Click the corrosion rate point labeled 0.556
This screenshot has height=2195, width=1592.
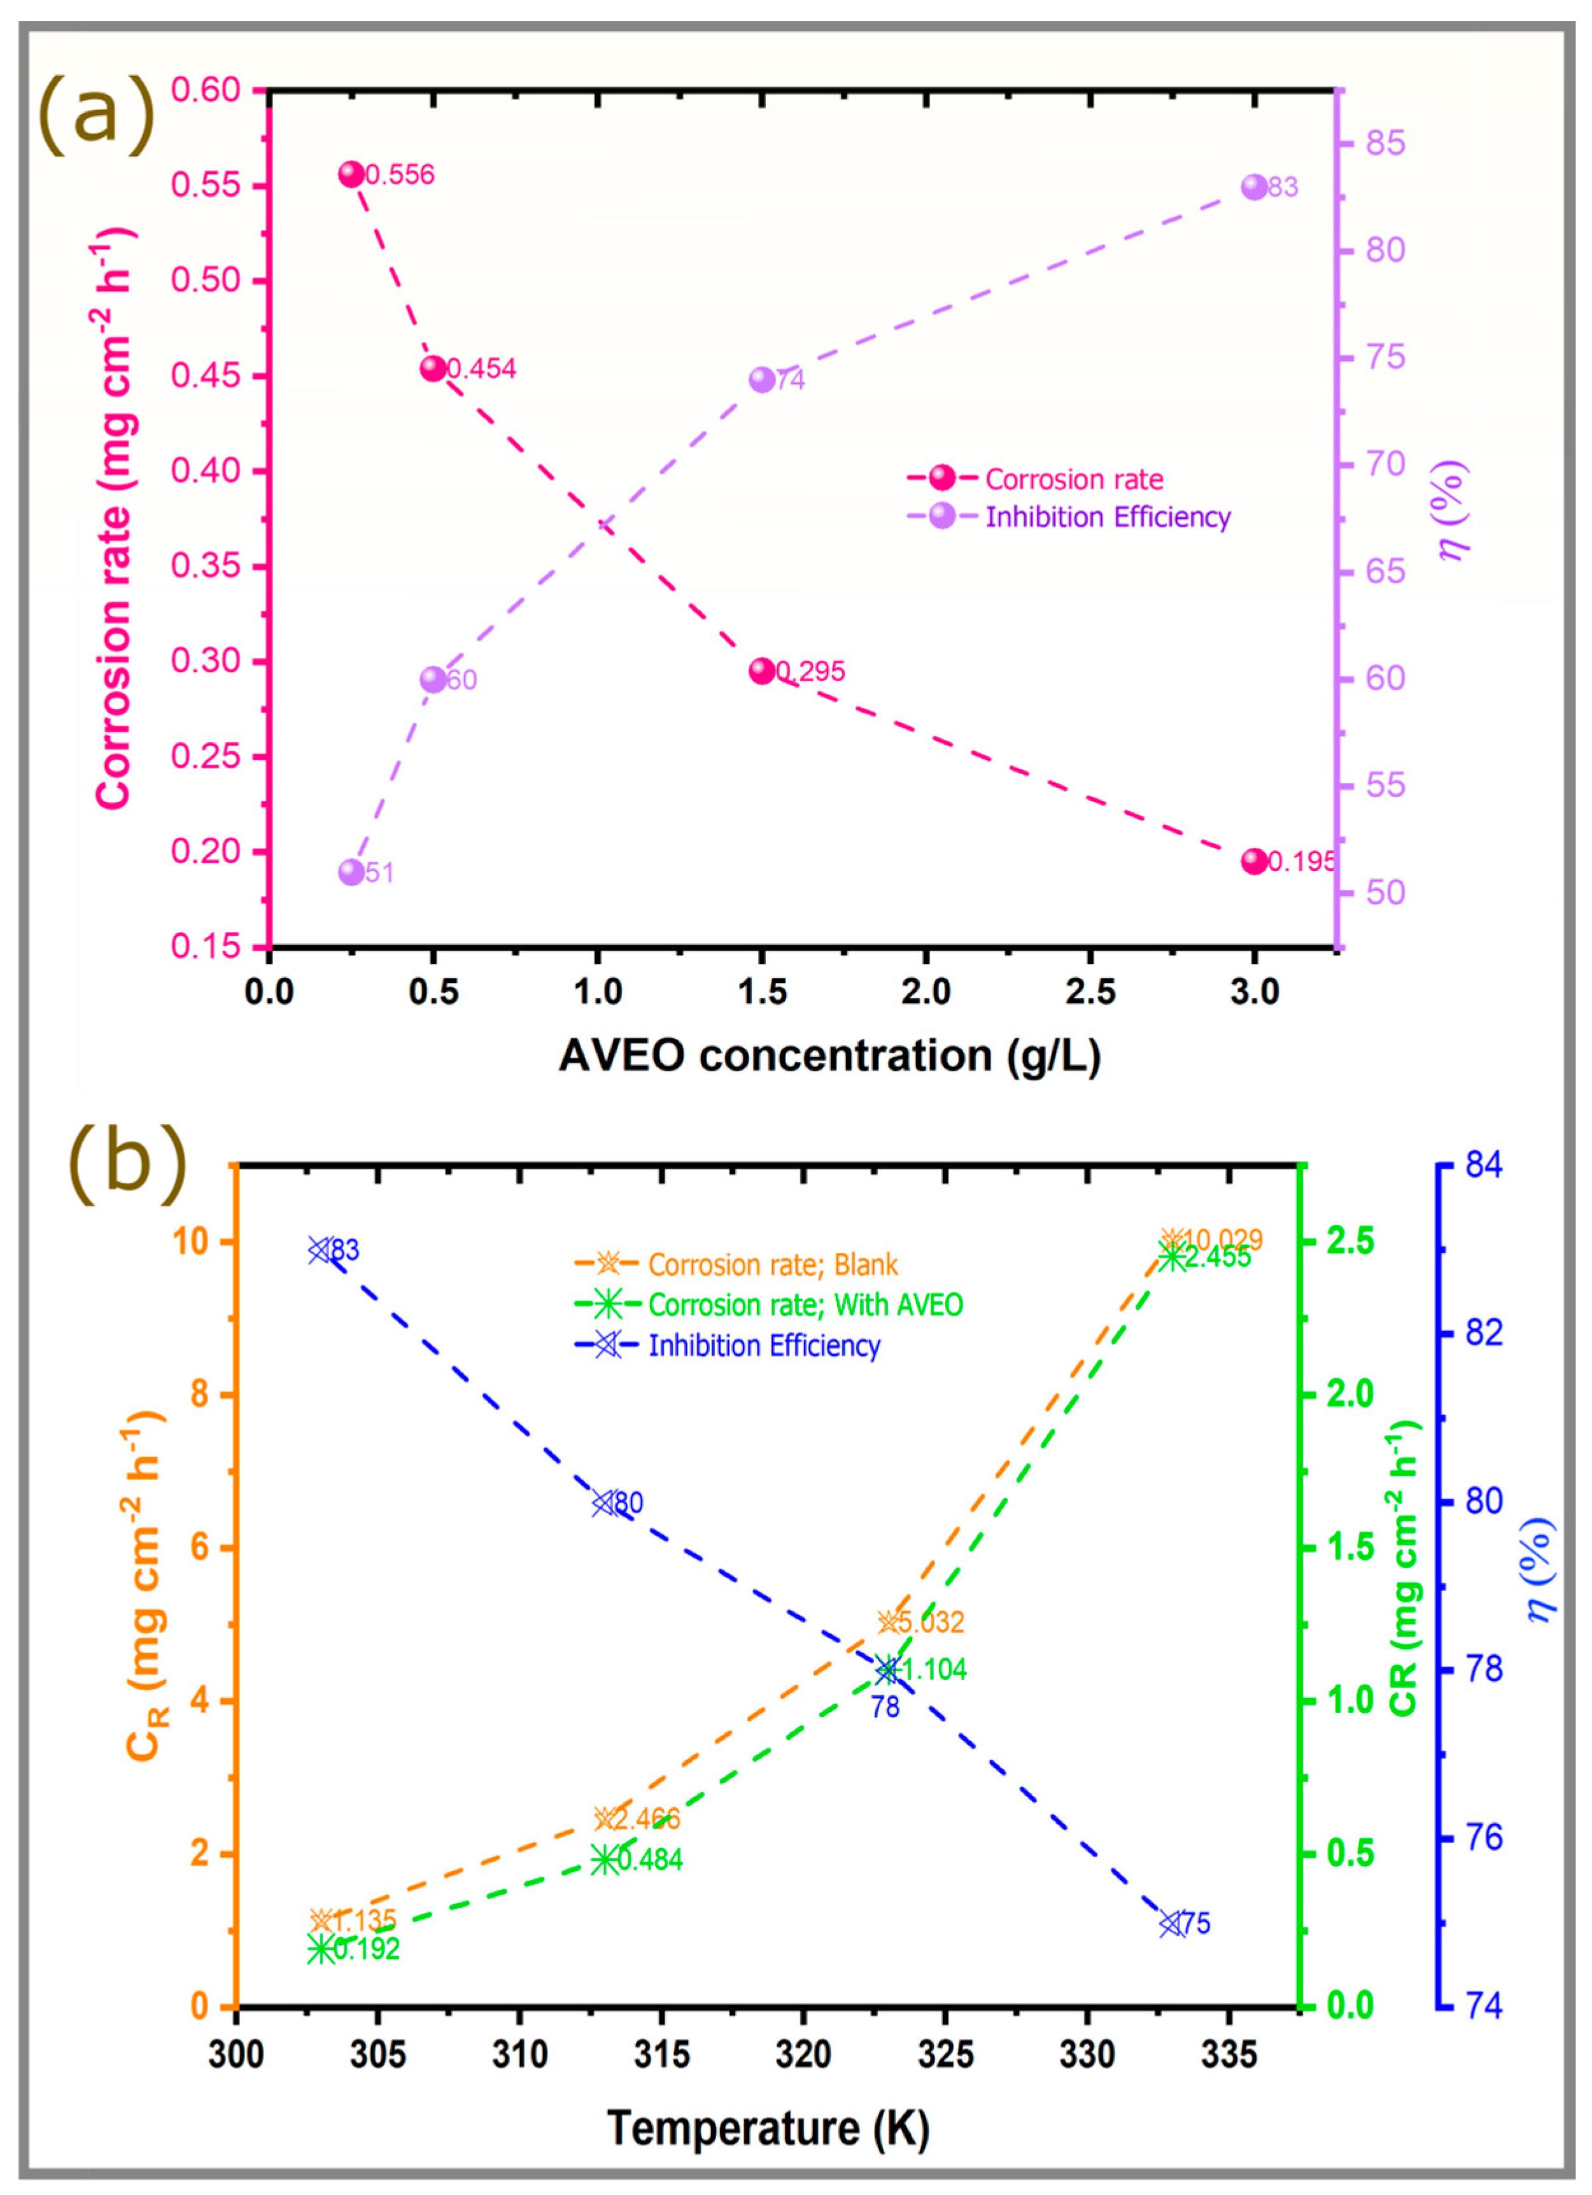tap(351, 174)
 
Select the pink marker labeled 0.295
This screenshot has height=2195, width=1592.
tap(763, 671)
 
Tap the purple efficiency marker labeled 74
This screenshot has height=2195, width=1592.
tap(763, 379)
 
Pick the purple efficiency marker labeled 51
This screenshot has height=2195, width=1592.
tap(351, 872)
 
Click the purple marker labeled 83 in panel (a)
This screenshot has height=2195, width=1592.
tap(1254, 187)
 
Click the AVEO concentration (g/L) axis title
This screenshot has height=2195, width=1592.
tap(829, 1055)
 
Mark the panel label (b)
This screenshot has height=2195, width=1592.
tap(126, 1161)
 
